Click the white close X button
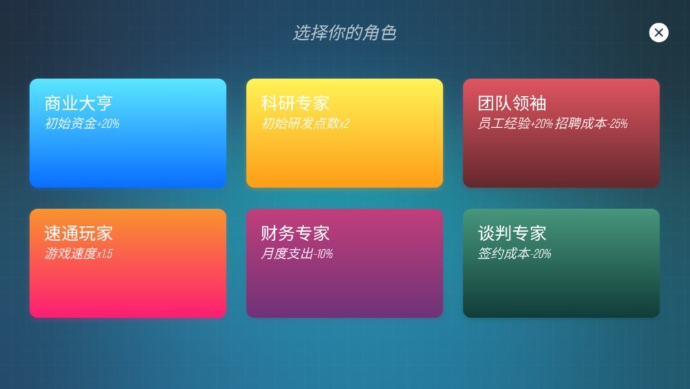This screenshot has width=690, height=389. [659, 33]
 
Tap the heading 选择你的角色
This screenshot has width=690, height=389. [345, 33]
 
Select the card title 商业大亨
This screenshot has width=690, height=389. [78, 103]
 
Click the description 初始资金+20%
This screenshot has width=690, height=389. [82, 124]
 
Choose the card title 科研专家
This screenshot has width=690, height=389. [295, 103]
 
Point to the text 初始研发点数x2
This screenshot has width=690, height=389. [305, 124]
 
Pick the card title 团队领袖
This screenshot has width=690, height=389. [512, 103]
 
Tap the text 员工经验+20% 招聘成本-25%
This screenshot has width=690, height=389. [552, 124]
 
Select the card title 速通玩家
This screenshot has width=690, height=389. [78, 233]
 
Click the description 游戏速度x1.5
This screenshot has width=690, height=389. [78, 254]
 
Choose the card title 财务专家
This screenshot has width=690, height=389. [295, 233]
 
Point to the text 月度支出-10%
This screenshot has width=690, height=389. [296, 254]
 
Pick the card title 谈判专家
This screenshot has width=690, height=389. [512, 233]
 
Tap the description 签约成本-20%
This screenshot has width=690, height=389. [514, 254]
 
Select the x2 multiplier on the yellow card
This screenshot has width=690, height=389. [344, 124]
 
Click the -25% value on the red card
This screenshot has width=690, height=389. [617, 124]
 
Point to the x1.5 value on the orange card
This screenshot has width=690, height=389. [104, 254]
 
